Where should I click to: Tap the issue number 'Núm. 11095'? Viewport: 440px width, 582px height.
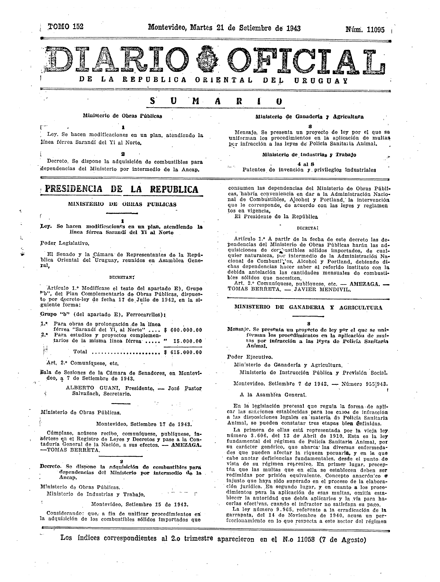[365, 30]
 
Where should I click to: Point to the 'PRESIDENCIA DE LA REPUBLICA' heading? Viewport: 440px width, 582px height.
[122, 189]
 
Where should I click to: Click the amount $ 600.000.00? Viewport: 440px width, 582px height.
[183, 330]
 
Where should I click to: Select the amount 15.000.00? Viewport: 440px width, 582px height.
[187, 341]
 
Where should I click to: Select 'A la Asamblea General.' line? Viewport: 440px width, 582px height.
[273, 395]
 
